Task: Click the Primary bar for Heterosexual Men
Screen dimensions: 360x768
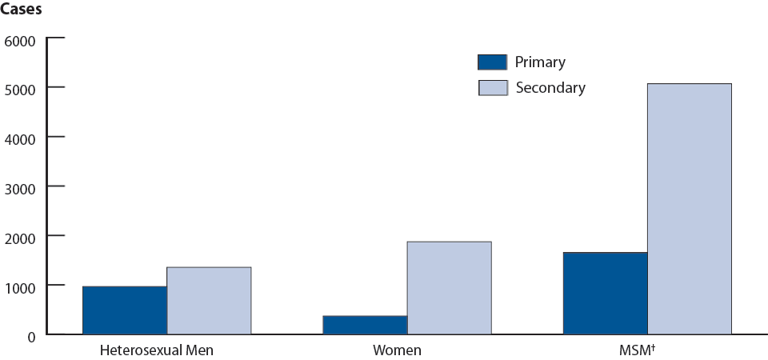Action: (125, 310)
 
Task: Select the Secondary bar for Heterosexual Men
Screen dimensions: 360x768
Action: (209, 301)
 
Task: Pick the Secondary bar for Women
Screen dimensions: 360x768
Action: (449, 288)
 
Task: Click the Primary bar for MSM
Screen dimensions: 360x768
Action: (606, 294)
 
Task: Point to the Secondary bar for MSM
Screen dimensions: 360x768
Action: (689, 209)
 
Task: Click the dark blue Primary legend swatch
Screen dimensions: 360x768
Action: (492, 62)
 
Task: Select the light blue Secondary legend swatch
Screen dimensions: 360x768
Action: (492, 88)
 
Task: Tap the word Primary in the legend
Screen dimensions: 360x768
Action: (540, 62)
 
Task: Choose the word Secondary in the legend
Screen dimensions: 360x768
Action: (550, 88)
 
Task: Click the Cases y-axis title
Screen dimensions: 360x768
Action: (21, 12)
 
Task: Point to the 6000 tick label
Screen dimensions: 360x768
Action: (21, 40)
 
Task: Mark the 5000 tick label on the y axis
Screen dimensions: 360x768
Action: (21, 88)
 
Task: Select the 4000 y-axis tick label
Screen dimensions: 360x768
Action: (21, 138)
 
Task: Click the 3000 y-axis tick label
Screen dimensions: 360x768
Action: (21, 187)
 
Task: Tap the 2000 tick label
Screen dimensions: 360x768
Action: (21, 237)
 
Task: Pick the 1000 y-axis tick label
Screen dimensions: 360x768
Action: (21, 286)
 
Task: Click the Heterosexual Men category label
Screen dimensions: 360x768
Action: (157, 350)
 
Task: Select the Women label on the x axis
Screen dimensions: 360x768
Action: (397, 350)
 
